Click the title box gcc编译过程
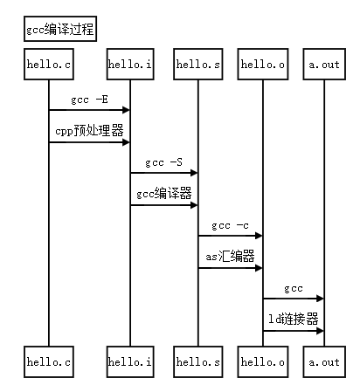pos(60,29)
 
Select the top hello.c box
pos(49,64)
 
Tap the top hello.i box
pos(130,64)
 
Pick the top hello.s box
pos(198,64)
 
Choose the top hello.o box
pos(263,64)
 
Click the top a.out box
pos(324,64)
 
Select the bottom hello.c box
pos(49,361)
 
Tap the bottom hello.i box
pos(130,361)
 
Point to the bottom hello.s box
pos(198,361)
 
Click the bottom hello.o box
pos(263,361)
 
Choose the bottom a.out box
pos(324,361)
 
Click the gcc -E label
pos(89,100)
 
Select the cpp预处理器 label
pos(89,131)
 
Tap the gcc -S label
pos(164,162)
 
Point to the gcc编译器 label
pos(164,194)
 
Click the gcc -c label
pos(230,225)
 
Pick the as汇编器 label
pos(230,257)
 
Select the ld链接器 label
pos(294,320)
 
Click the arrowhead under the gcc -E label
pos(126,110)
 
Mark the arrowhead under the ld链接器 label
pos(320,331)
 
